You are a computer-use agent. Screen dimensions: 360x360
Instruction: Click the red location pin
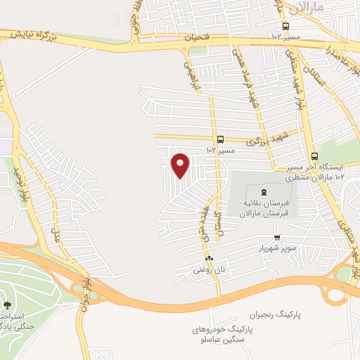(x=181, y=165)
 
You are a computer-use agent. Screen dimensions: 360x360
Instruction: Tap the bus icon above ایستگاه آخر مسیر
(x=314, y=157)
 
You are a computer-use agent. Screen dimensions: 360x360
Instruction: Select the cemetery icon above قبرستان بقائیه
(x=264, y=191)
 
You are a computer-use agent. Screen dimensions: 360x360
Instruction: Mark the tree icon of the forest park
(x=7, y=305)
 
